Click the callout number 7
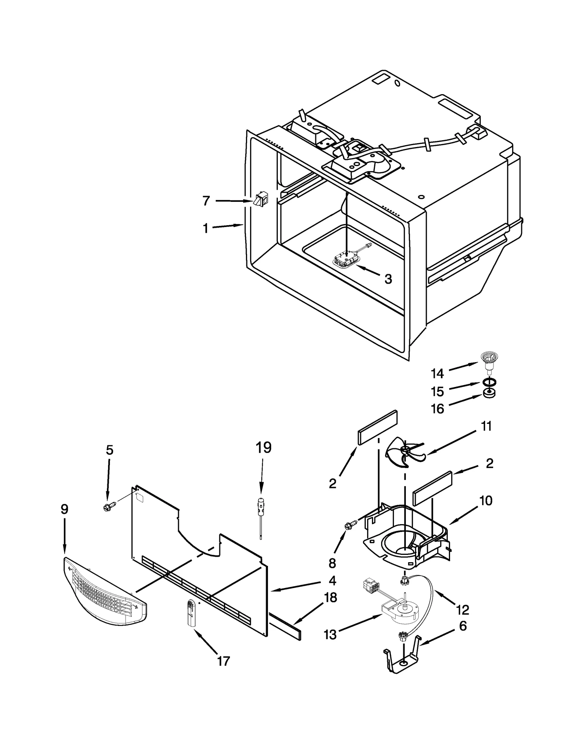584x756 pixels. (x=206, y=201)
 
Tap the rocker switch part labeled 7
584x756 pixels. (x=260, y=199)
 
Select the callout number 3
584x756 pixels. (x=388, y=279)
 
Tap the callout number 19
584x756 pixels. (x=264, y=448)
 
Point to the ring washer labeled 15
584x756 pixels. (x=489, y=383)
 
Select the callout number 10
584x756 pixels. (x=486, y=501)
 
